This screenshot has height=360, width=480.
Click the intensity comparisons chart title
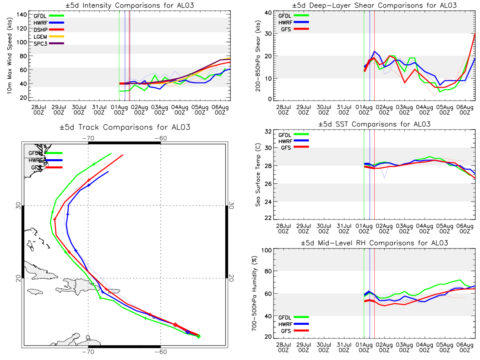pos(130,5)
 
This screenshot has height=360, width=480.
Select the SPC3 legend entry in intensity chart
pos(49,44)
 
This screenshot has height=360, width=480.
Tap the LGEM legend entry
pos(49,36)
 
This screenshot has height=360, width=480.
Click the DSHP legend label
pos(40,30)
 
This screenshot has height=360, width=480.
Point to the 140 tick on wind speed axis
pos(22,15)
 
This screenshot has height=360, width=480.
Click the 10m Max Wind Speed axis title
pos(9,56)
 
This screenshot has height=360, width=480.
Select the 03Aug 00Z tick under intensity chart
pos(160,110)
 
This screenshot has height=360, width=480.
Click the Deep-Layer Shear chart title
pos(374,5)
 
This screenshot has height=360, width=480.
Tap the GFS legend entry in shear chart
pos(295,29)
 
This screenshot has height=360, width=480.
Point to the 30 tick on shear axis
pos(268,34)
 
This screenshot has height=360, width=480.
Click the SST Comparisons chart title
pos(374,124)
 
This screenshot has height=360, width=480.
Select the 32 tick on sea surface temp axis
pos(268,131)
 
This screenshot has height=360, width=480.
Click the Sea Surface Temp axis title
pos(258,175)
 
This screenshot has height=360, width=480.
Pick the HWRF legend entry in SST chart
pos(294,141)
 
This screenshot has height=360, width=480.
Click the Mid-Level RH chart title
pos(374,243)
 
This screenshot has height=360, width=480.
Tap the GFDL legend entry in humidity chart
pos(294,317)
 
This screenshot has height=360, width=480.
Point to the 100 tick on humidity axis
pos(266,250)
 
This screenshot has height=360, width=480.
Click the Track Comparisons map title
pos(125,127)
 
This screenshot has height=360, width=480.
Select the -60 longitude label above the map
pos(161,138)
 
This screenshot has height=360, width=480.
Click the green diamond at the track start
pos(198,337)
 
